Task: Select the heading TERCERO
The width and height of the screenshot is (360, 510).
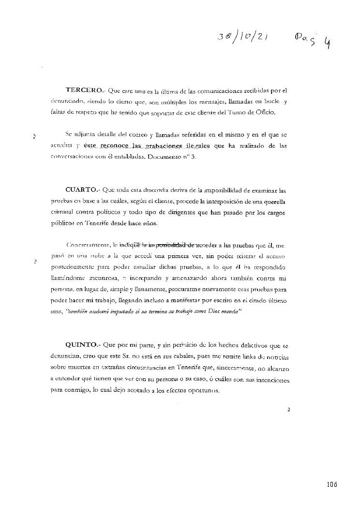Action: [x=84, y=90]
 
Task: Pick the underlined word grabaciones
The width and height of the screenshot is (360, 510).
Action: [x=162, y=146]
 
